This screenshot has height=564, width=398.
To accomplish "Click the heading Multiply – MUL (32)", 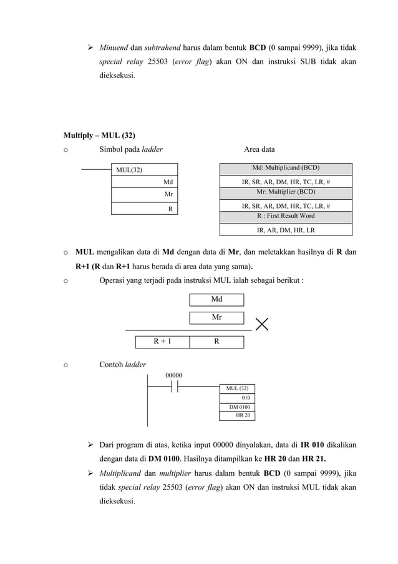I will coord(99,135).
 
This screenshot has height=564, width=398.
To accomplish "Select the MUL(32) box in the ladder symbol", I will coord(144,169).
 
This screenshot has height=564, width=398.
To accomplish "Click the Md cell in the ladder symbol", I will coord(144,182).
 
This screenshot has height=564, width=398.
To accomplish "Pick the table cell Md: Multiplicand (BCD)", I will coord(286,168).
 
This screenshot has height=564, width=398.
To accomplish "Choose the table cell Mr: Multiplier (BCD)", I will coord(286,192).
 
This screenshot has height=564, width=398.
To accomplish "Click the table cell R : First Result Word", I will coord(286,216).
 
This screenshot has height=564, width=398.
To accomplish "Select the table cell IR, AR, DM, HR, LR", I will coord(286,229).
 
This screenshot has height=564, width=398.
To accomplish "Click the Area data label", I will coord(259,149).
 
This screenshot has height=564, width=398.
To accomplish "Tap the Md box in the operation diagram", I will coord(216,299).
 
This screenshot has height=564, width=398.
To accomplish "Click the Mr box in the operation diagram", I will coord(216,317).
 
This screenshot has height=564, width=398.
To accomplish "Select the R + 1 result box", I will coord(163,342).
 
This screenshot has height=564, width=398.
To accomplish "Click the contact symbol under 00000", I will coord(174,387).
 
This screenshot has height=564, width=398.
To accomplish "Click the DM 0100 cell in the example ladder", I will coord(237,407).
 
